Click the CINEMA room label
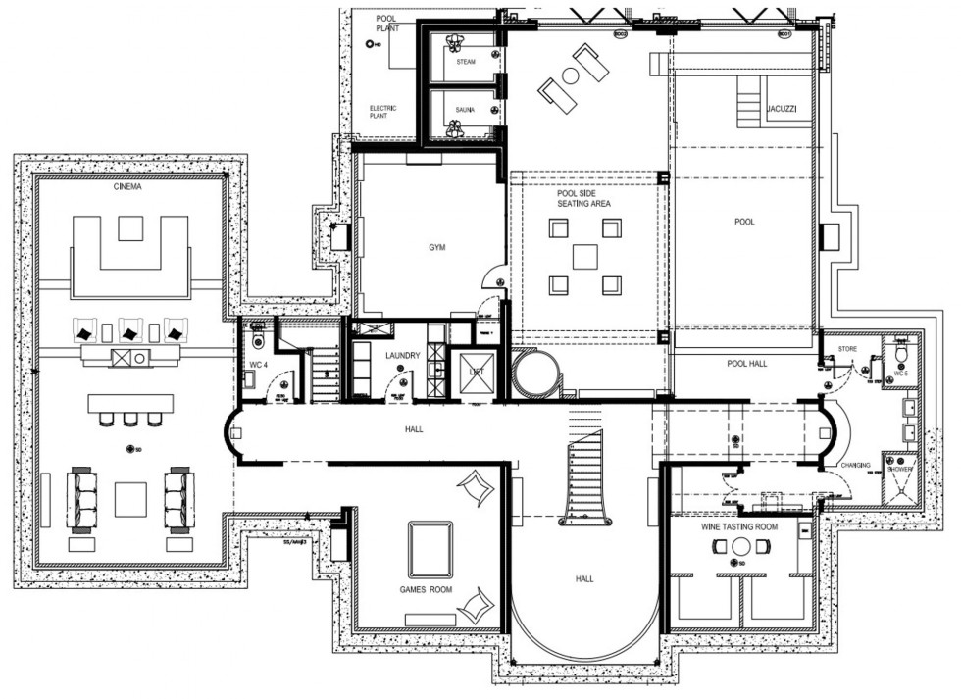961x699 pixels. (x=126, y=187)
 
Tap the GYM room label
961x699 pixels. (x=436, y=248)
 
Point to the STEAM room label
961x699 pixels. (x=466, y=62)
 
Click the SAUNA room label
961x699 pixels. (x=465, y=110)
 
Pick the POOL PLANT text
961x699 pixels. (x=388, y=24)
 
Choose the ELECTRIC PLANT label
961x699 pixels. (x=379, y=111)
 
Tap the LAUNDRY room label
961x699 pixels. (x=404, y=355)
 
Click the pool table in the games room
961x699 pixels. (x=430, y=549)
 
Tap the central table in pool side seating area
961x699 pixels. (x=584, y=257)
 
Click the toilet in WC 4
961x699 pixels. (x=257, y=339)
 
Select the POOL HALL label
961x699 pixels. (x=747, y=364)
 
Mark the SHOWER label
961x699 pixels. (x=897, y=469)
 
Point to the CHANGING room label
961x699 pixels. (x=855, y=465)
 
